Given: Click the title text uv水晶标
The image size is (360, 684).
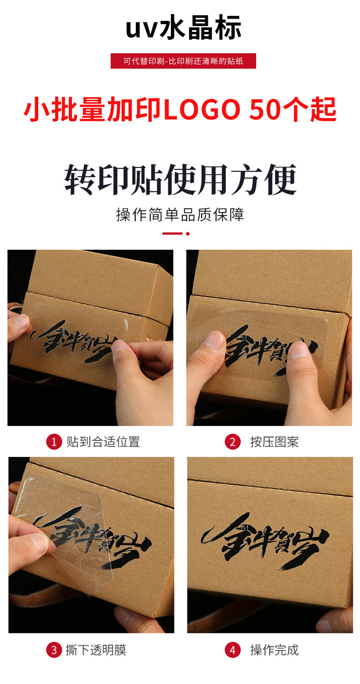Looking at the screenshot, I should coord(183,27).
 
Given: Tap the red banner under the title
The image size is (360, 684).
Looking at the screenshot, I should coord(183,61).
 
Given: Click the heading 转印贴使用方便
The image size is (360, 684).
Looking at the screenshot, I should coord(180,180).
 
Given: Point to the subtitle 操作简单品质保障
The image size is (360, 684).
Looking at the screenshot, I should coord(180,214).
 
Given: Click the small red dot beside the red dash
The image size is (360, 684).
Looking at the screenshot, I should coord(188,233).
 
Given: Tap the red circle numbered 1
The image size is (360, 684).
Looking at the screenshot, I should coord(54,441).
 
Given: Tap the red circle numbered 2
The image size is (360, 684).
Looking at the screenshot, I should coord(232,441).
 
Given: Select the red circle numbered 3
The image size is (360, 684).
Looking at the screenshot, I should coord(54,650).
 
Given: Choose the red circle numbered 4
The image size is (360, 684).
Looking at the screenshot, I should coord(232,650).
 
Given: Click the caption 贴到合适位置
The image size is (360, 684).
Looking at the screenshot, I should coord(103,441).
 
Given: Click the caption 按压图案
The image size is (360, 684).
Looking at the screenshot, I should coord(274,441).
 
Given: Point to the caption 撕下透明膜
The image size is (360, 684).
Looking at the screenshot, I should coord(96,650).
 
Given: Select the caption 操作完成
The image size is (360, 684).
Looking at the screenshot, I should coord(274,650).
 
